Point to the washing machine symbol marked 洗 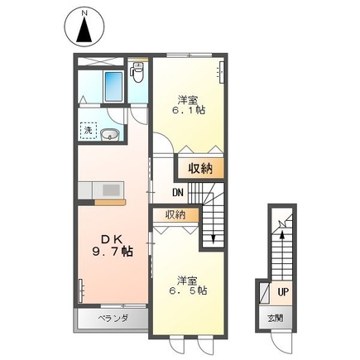[87, 129]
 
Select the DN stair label [177, 194]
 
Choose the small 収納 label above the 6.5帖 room [175, 214]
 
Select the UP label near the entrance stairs [282, 292]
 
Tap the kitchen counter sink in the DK [108, 190]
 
